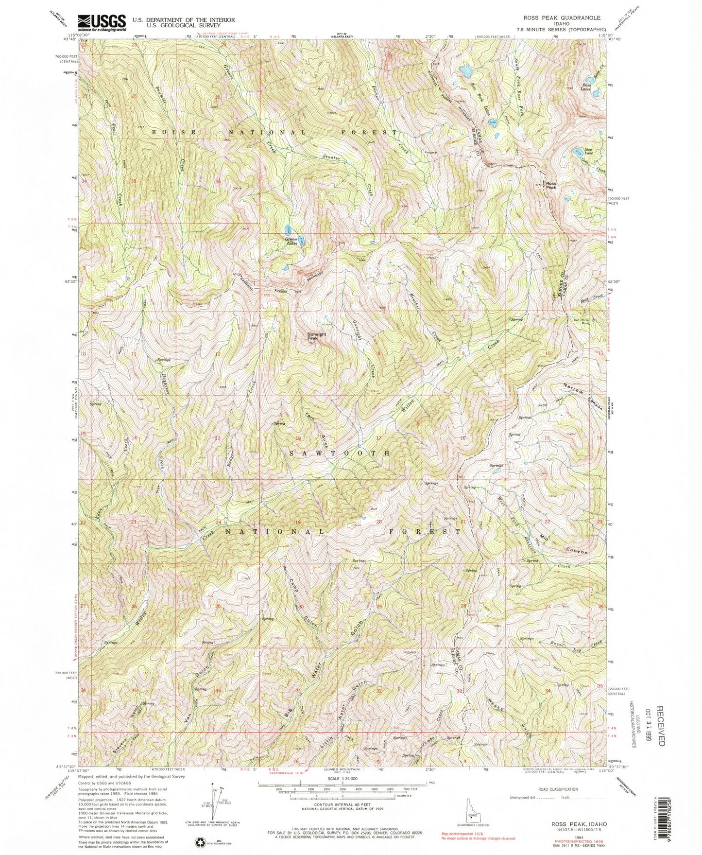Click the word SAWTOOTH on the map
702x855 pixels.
pos(340,453)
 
